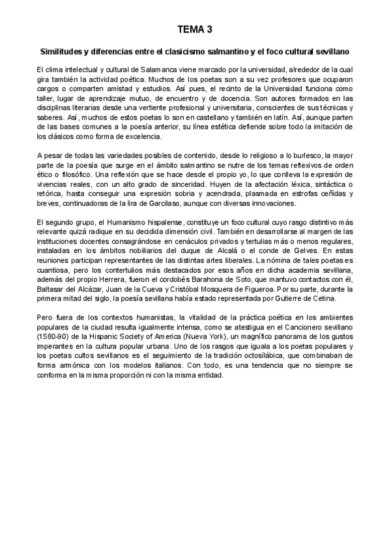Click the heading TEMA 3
tap(195, 30)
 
